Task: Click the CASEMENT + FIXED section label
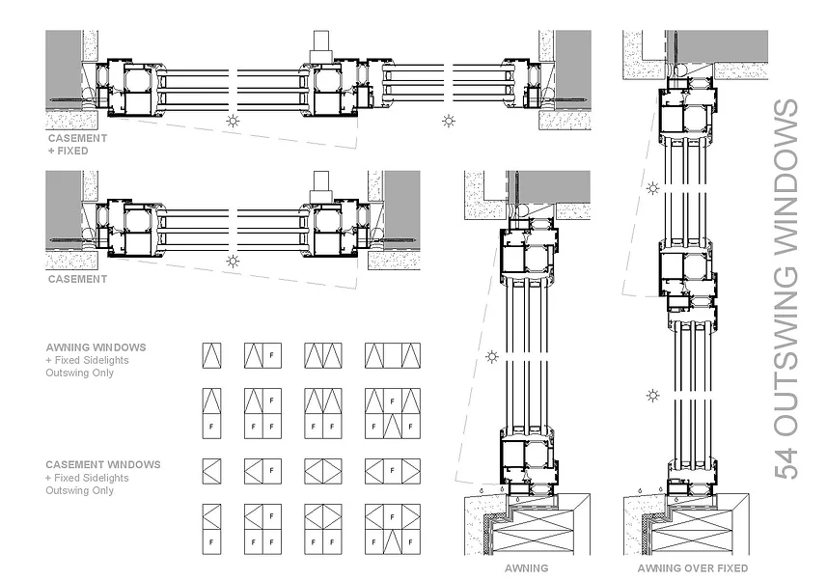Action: [77, 144]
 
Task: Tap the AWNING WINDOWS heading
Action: [96, 346]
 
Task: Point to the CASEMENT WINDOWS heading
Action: [102, 464]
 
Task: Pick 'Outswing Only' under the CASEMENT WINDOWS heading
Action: [80, 490]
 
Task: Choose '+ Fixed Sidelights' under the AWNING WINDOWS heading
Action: [87, 360]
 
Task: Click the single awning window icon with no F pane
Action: [211, 355]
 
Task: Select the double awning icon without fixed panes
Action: [322, 355]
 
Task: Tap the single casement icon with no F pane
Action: [211, 471]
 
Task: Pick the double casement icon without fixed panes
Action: [322, 471]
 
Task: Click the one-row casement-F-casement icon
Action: [392, 471]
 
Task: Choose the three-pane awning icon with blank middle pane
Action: [392, 355]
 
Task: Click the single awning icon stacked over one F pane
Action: [211, 410]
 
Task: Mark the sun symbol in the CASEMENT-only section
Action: [232, 261]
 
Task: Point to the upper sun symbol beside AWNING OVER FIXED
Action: [653, 188]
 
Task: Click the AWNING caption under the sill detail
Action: [527, 568]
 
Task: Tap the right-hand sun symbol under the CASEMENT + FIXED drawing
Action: [448, 120]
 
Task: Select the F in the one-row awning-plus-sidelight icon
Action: [271, 356]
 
